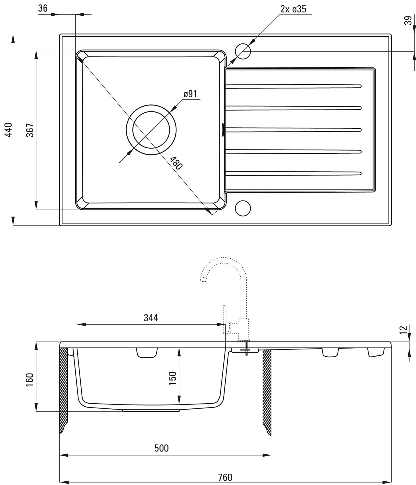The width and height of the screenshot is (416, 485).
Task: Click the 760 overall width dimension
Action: (x=225, y=477)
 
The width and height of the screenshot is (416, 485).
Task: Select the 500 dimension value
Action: (x=161, y=448)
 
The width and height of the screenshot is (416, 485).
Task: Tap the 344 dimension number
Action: (x=151, y=318)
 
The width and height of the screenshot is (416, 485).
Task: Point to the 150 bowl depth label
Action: (x=173, y=378)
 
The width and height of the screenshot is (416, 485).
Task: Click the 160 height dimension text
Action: (x=30, y=380)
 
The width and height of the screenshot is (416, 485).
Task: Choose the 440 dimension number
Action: (x=9, y=130)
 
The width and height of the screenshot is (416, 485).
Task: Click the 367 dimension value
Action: (x=30, y=130)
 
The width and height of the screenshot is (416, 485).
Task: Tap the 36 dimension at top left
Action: (x=43, y=9)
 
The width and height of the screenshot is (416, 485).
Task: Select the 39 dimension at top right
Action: (x=408, y=20)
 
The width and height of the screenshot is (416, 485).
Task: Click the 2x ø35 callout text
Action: (x=293, y=9)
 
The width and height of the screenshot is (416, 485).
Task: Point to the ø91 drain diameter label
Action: (x=190, y=94)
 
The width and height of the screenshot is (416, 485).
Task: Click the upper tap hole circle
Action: (x=243, y=51)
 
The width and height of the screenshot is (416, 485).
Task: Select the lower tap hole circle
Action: (x=243, y=208)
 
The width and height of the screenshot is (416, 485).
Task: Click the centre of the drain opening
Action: (x=151, y=130)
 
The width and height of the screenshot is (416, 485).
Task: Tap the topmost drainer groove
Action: (x=293, y=86)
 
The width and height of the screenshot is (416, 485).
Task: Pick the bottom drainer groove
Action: (x=293, y=173)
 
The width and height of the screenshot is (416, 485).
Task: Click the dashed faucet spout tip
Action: (x=203, y=279)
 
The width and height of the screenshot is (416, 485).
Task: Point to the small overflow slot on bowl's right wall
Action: (x=222, y=130)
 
